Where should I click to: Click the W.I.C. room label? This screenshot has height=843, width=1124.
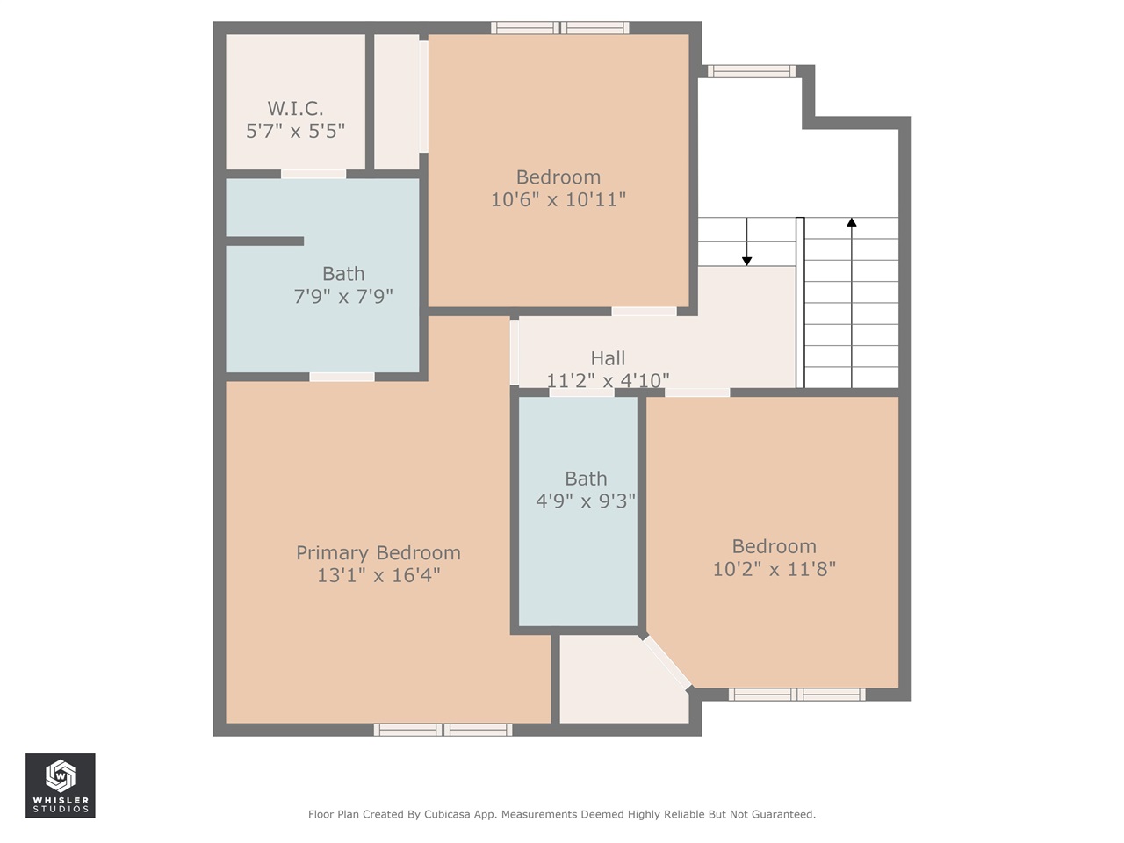click(295, 108)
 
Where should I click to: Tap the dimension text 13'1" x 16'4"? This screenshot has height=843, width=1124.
click(378, 575)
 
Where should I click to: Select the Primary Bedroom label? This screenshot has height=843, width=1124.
click(378, 552)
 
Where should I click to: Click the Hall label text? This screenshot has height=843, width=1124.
click(608, 358)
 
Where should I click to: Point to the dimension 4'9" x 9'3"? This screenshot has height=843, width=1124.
click(586, 501)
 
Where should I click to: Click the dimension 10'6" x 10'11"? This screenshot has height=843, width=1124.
click(558, 199)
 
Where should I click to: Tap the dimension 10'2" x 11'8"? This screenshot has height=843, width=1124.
click(774, 569)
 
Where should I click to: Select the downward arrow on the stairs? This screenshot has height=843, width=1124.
click(746, 258)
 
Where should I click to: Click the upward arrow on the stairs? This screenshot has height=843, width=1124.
click(851, 223)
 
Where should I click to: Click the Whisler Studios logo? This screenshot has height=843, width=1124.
click(60, 785)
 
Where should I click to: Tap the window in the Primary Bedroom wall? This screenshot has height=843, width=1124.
click(443, 730)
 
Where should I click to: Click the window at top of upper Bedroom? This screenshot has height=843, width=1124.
click(559, 28)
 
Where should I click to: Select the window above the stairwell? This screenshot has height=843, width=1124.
click(751, 71)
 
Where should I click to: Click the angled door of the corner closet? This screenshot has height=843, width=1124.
click(666, 662)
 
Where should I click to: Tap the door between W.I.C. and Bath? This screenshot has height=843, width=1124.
click(313, 174)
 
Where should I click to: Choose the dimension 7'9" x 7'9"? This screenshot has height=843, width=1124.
click(343, 297)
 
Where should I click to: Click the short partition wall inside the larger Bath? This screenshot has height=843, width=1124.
click(265, 241)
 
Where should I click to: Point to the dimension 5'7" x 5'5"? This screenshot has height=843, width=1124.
click(295, 131)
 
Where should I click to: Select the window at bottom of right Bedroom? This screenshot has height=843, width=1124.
click(796, 695)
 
